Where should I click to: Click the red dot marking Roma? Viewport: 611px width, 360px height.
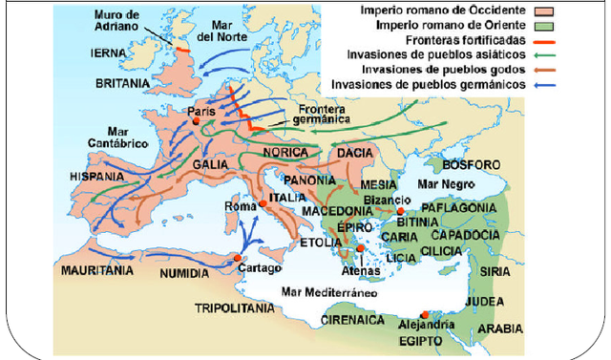pyautogui.click(x=261, y=204)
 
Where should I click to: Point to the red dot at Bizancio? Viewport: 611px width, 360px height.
pyautogui.click(x=402, y=211)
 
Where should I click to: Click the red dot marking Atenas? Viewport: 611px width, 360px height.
pyautogui.click(x=360, y=249)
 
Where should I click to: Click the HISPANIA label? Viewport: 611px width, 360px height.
pyautogui.click(x=97, y=178)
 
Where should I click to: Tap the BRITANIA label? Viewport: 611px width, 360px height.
pyautogui.click(x=122, y=84)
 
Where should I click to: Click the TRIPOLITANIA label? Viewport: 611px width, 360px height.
pyautogui.click(x=234, y=308)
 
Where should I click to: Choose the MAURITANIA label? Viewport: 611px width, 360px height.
pyautogui.click(x=95, y=271)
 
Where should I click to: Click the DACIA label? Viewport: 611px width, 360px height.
pyautogui.click(x=355, y=152)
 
